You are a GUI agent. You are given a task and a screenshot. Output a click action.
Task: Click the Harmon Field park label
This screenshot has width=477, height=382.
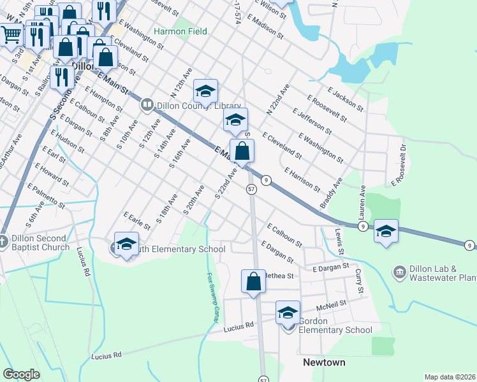pyautogui.click(x=180, y=31)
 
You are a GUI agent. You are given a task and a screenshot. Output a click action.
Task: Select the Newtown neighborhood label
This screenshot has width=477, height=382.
pyautogui.click(x=323, y=362)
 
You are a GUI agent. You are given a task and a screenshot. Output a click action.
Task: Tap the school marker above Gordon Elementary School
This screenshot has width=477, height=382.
pyautogui.click(x=288, y=313)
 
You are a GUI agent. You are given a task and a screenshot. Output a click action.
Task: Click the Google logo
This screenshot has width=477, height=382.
pyautogui.click(x=21, y=374)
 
